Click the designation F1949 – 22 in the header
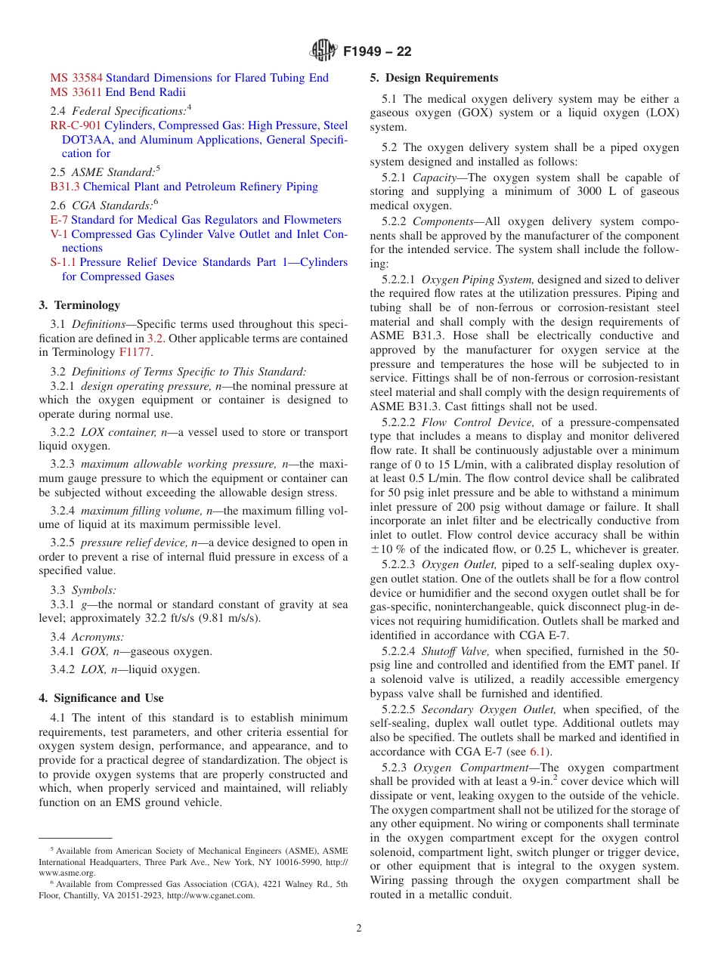pos(377,52)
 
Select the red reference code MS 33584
pos(76,78)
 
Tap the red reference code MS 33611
pos(76,92)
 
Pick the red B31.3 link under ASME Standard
pos(65,187)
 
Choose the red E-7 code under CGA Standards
pos(59,220)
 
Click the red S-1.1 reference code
pos(63,262)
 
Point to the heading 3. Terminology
pos(79,305)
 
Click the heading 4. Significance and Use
pos(101,698)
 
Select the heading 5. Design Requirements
pos(434,78)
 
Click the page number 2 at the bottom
pos(359,929)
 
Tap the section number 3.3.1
pos(62,604)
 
